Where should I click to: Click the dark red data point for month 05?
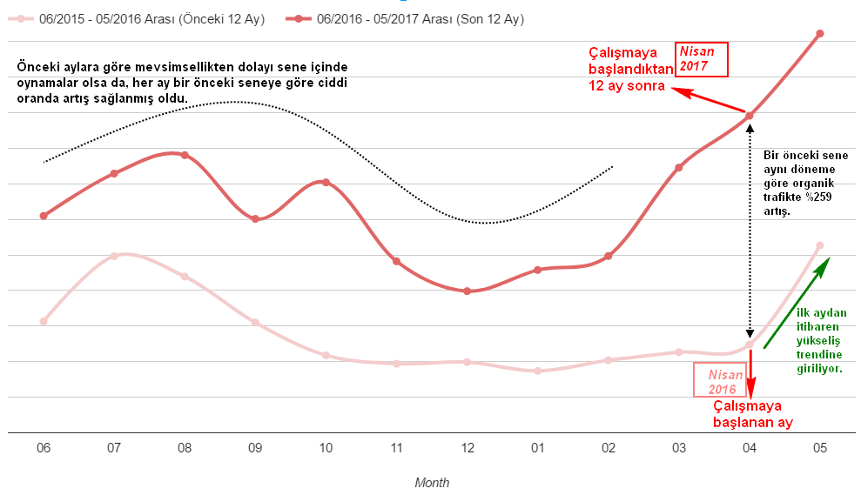tap(819, 34)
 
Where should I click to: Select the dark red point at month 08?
tap(185, 155)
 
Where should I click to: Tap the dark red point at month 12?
tap(467, 291)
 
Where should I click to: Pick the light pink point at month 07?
tap(114, 256)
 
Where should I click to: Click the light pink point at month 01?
tap(538, 371)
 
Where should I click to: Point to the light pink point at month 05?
tap(819, 245)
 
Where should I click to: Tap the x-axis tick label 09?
tap(255, 448)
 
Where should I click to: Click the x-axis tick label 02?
tap(609, 448)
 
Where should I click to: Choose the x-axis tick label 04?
tap(750, 448)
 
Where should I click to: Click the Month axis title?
tap(432, 482)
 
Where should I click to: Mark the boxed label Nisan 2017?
tap(701, 59)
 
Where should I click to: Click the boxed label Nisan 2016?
tap(721, 381)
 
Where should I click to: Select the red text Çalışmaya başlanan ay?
tap(747, 414)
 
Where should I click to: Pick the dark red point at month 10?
tap(326, 182)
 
